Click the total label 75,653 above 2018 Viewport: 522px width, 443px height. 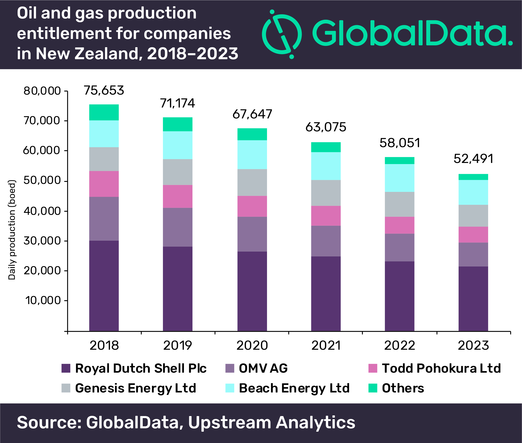(x=104, y=90)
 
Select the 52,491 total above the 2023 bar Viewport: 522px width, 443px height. (x=473, y=159)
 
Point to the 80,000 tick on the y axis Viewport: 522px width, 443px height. (x=42, y=91)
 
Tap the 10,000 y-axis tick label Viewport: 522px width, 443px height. (x=43, y=300)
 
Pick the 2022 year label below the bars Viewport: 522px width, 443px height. (x=400, y=345)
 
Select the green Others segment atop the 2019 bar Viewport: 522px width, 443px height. (x=178, y=124)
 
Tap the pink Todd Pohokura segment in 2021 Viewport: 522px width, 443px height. (x=326, y=216)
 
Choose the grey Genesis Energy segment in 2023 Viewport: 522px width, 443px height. (x=473, y=216)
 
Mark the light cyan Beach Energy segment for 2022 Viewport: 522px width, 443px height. (x=400, y=178)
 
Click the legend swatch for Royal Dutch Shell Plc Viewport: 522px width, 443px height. (x=66, y=368)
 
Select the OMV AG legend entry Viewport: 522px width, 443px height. (x=263, y=368)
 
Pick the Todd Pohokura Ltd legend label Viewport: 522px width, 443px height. (x=441, y=368)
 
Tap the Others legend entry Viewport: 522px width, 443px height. (x=403, y=388)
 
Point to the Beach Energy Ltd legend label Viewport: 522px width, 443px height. (x=294, y=388)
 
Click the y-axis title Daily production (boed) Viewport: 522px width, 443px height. (x=12, y=230)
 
